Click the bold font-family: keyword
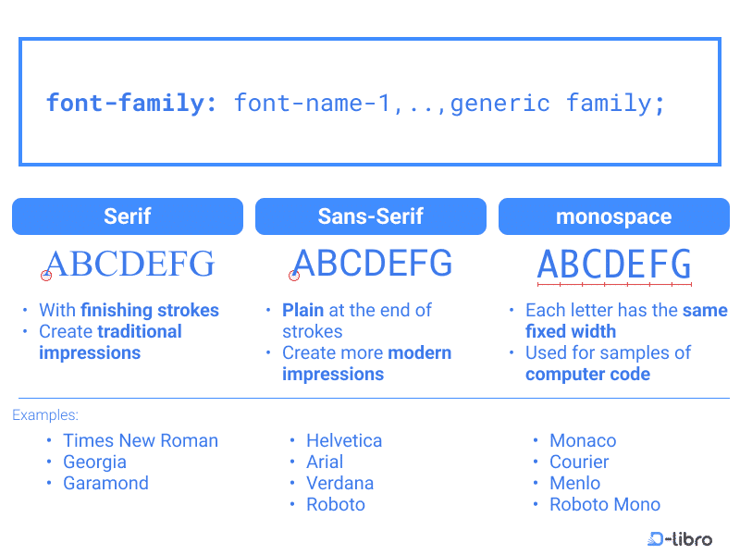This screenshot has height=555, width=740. coord(131,104)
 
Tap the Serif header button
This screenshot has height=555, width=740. coord(128,216)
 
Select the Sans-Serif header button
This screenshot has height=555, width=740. coord(371,216)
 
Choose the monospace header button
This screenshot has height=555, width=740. coord(614,216)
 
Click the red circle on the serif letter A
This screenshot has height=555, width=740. coord(45,276)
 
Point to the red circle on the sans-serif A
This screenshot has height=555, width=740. coord(294,276)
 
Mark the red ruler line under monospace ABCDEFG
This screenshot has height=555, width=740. coord(614,285)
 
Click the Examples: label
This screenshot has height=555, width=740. coord(45,414)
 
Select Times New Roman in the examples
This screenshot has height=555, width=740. coord(141,440)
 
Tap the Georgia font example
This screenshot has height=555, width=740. coord(95,462)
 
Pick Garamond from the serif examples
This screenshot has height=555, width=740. coord(105,483)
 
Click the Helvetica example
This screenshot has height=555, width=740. coord(344,440)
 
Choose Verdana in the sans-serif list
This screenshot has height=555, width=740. coord(339,483)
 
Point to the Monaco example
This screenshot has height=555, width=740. coord(583,440)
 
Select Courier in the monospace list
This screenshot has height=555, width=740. coord(579,462)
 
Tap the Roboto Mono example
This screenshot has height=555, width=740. coord(605,504)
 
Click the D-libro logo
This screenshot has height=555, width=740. coord(680,538)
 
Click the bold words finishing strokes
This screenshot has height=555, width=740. coord(150,310)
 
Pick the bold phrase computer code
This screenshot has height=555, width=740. coord(588,374)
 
